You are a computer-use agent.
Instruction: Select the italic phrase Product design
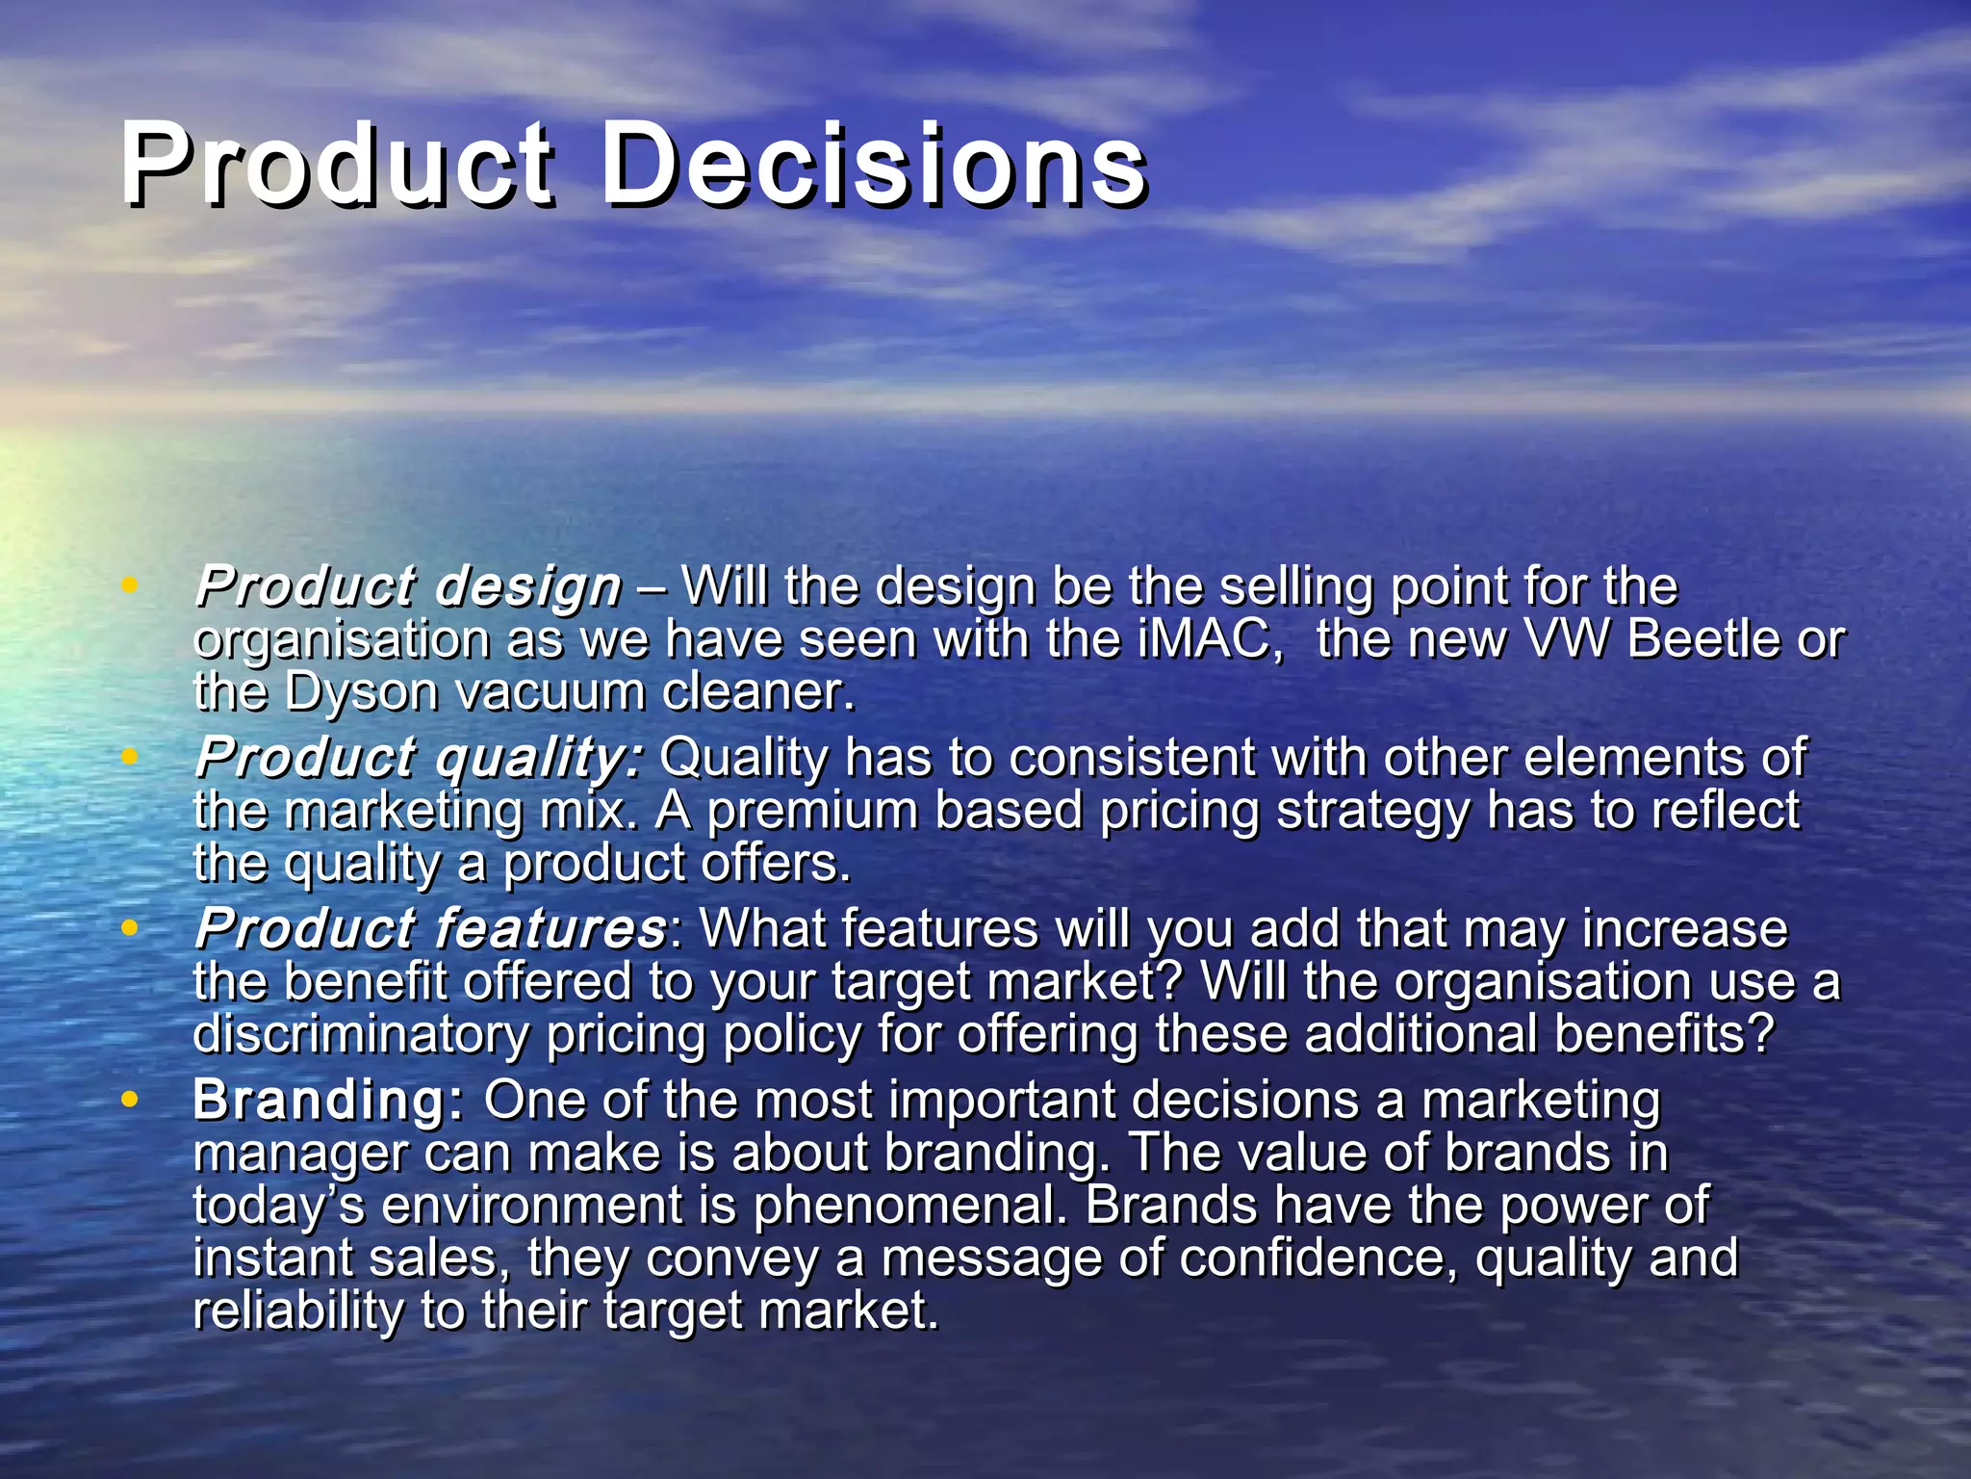(408, 586)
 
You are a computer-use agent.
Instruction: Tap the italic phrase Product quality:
(418, 758)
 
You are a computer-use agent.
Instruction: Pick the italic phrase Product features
(430, 929)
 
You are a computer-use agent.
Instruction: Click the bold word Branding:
(328, 1101)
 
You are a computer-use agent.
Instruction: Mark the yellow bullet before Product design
(129, 584)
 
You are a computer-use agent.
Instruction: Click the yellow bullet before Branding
(129, 1099)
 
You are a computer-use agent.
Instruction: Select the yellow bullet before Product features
(129, 927)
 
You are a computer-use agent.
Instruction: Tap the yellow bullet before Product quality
(129, 756)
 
